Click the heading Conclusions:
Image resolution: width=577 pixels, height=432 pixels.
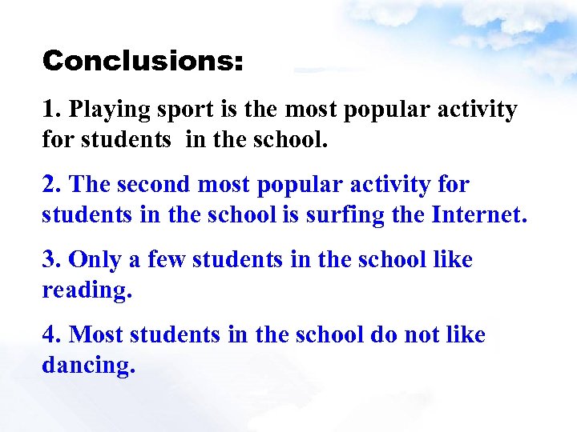(143, 61)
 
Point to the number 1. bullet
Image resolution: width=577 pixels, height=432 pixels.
(51, 110)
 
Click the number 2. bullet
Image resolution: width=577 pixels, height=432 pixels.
(52, 185)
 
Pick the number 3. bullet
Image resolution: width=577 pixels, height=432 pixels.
(52, 260)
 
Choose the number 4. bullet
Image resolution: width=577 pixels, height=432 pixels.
(52, 335)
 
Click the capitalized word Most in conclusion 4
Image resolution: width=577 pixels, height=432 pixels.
(97, 335)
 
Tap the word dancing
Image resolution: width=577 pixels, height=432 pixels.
(88, 366)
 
